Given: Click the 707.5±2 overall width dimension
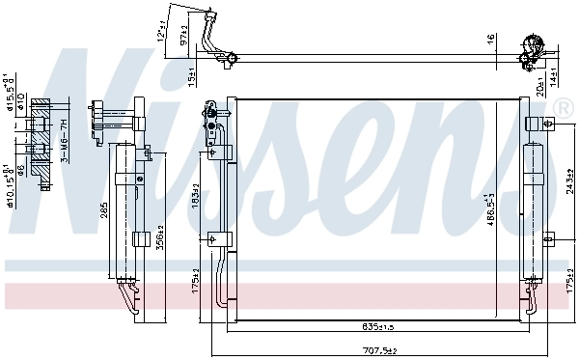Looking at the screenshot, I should click(x=380, y=351).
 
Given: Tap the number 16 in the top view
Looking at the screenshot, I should click(x=489, y=39).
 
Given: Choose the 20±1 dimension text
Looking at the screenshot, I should click(x=539, y=86).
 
